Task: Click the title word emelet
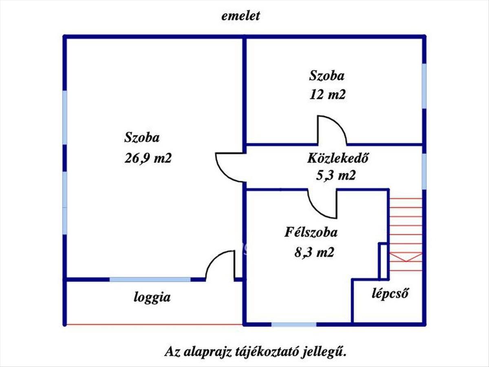[240, 16]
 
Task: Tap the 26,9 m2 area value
[148, 159]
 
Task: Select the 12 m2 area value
[327, 95]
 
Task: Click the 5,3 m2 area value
[336, 175]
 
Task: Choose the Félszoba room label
[311, 232]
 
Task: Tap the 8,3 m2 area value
[314, 252]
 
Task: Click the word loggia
[152, 297]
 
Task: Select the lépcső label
[390, 294]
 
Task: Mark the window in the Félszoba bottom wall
[294, 324]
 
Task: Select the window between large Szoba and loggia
[150, 279]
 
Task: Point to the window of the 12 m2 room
[424, 86]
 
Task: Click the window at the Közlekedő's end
[424, 172]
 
